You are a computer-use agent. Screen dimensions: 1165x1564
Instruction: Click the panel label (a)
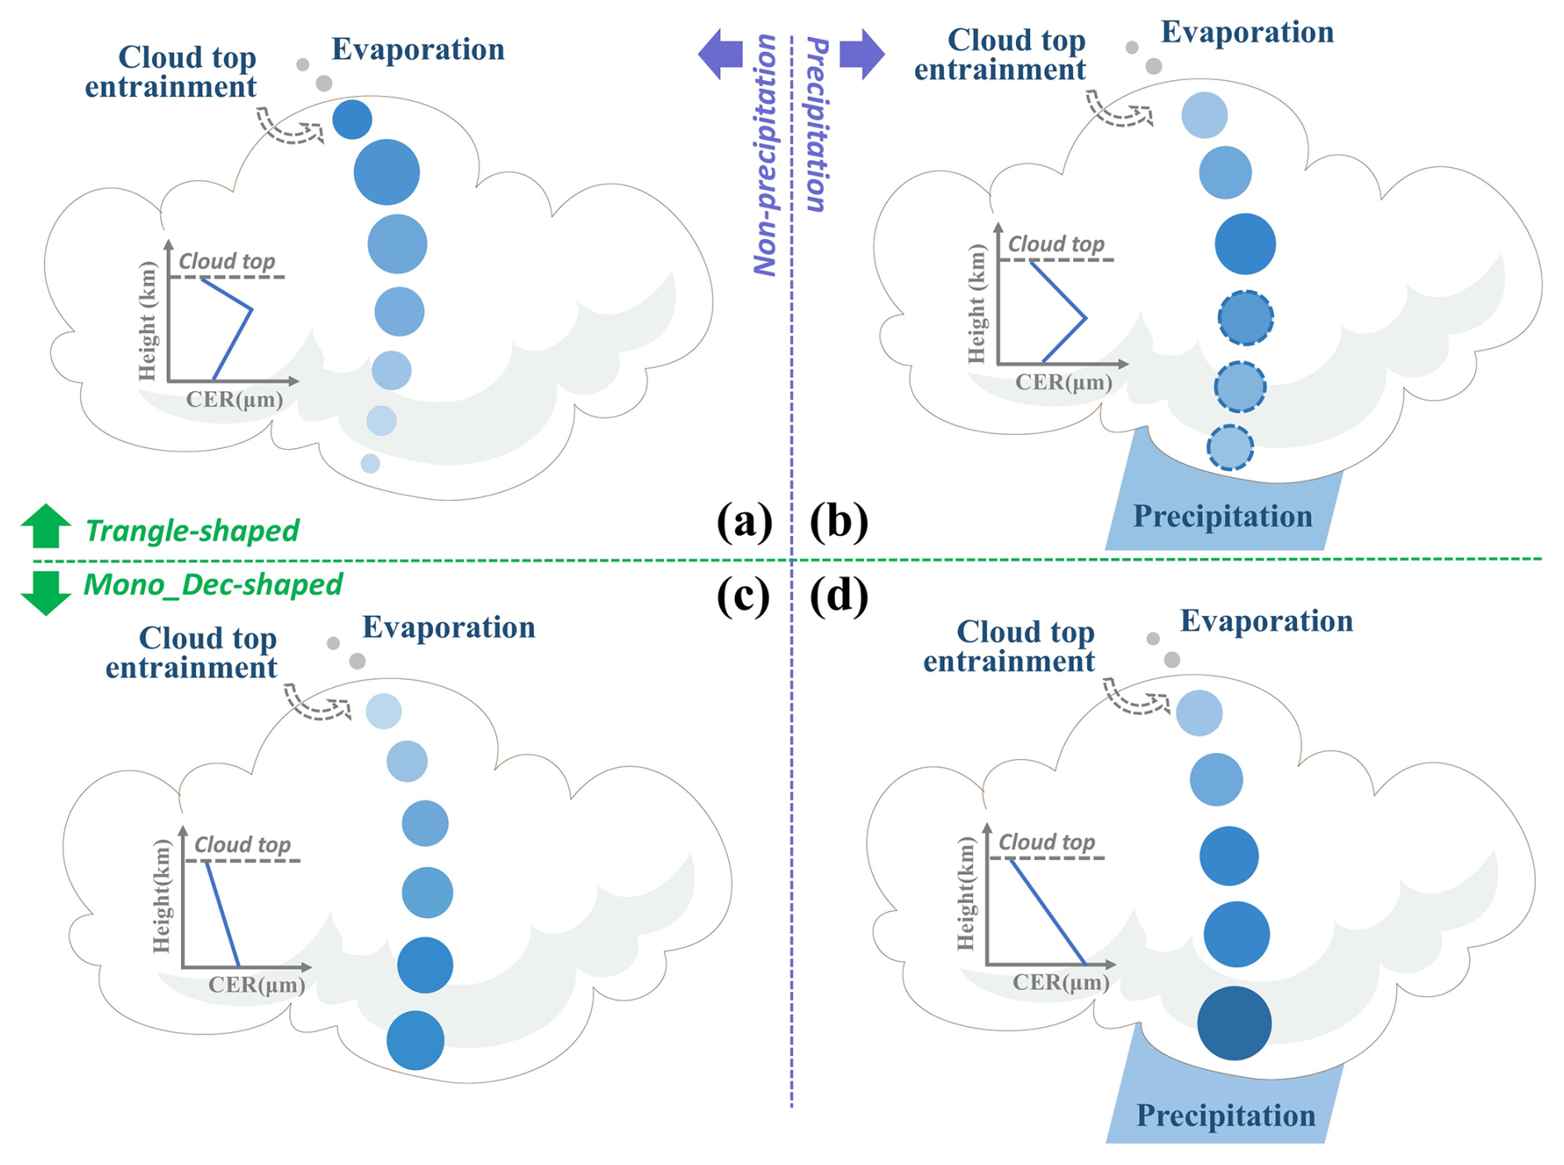pos(745,523)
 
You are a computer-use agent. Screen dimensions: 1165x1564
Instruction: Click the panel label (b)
pos(839,523)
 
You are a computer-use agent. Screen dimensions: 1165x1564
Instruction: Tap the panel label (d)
pos(839,595)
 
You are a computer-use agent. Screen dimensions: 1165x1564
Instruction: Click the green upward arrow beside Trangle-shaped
pos(45,526)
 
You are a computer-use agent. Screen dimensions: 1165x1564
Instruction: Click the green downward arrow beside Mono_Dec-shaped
pos(45,592)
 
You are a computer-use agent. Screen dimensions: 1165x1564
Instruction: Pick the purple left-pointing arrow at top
pos(721,55)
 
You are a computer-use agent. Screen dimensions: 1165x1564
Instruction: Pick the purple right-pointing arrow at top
pos(861,55)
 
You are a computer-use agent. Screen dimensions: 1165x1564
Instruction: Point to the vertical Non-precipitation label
pos(765,155)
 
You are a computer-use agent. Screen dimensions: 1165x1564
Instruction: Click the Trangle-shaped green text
pos(192,531)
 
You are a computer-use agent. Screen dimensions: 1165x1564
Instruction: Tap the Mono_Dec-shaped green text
pos(212,585)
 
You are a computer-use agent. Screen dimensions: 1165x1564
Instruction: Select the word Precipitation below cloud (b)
pos(1222,517)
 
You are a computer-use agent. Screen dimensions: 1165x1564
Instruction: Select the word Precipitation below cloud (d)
pos(1225,1115)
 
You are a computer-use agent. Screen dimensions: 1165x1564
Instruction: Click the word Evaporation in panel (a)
pos(417,50)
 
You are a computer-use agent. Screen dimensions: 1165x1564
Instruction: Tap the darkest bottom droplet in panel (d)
pos(1234,1023)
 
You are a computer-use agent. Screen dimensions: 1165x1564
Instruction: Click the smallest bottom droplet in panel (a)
pos(370,463)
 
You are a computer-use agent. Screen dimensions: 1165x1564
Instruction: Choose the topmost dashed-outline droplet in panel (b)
pos(1245,318)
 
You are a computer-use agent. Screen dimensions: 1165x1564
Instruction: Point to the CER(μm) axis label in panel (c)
pos(256,985)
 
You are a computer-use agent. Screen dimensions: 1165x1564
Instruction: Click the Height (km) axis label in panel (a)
pos(148,321)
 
